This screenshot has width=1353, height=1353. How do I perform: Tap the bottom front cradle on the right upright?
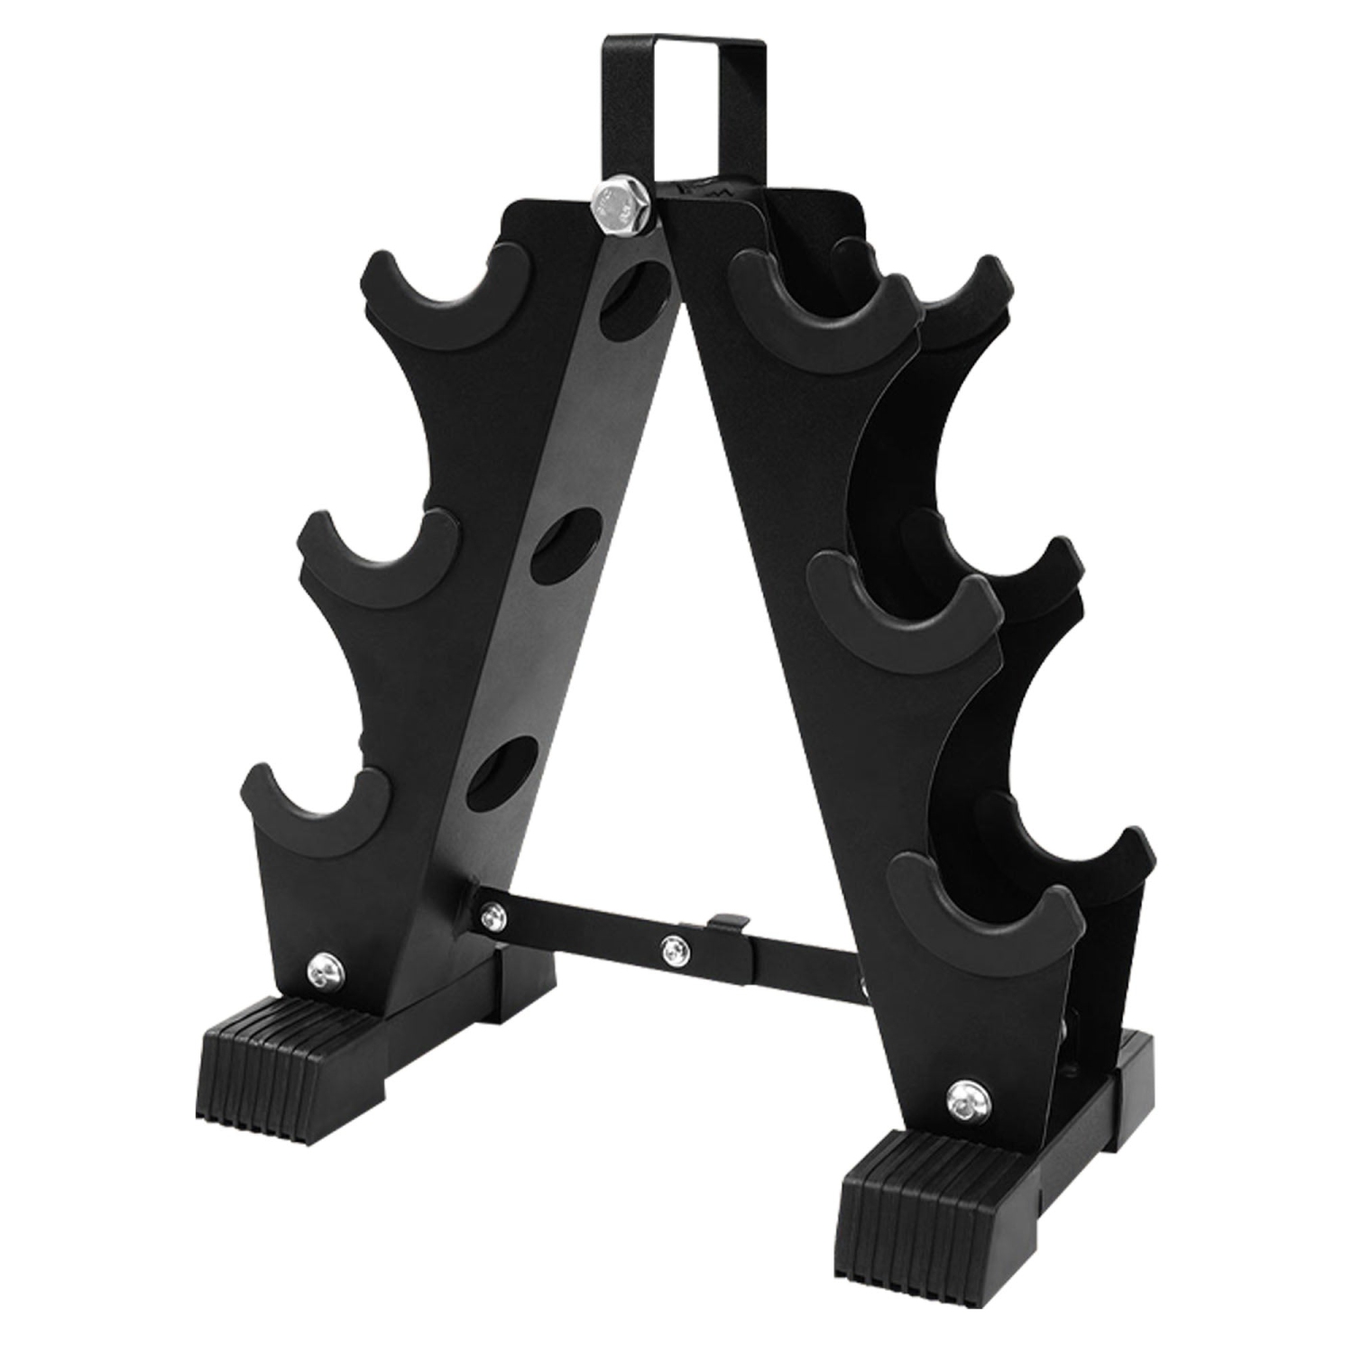984,911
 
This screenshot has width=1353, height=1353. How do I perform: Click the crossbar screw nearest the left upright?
491,916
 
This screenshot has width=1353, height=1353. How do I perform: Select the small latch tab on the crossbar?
727,921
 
